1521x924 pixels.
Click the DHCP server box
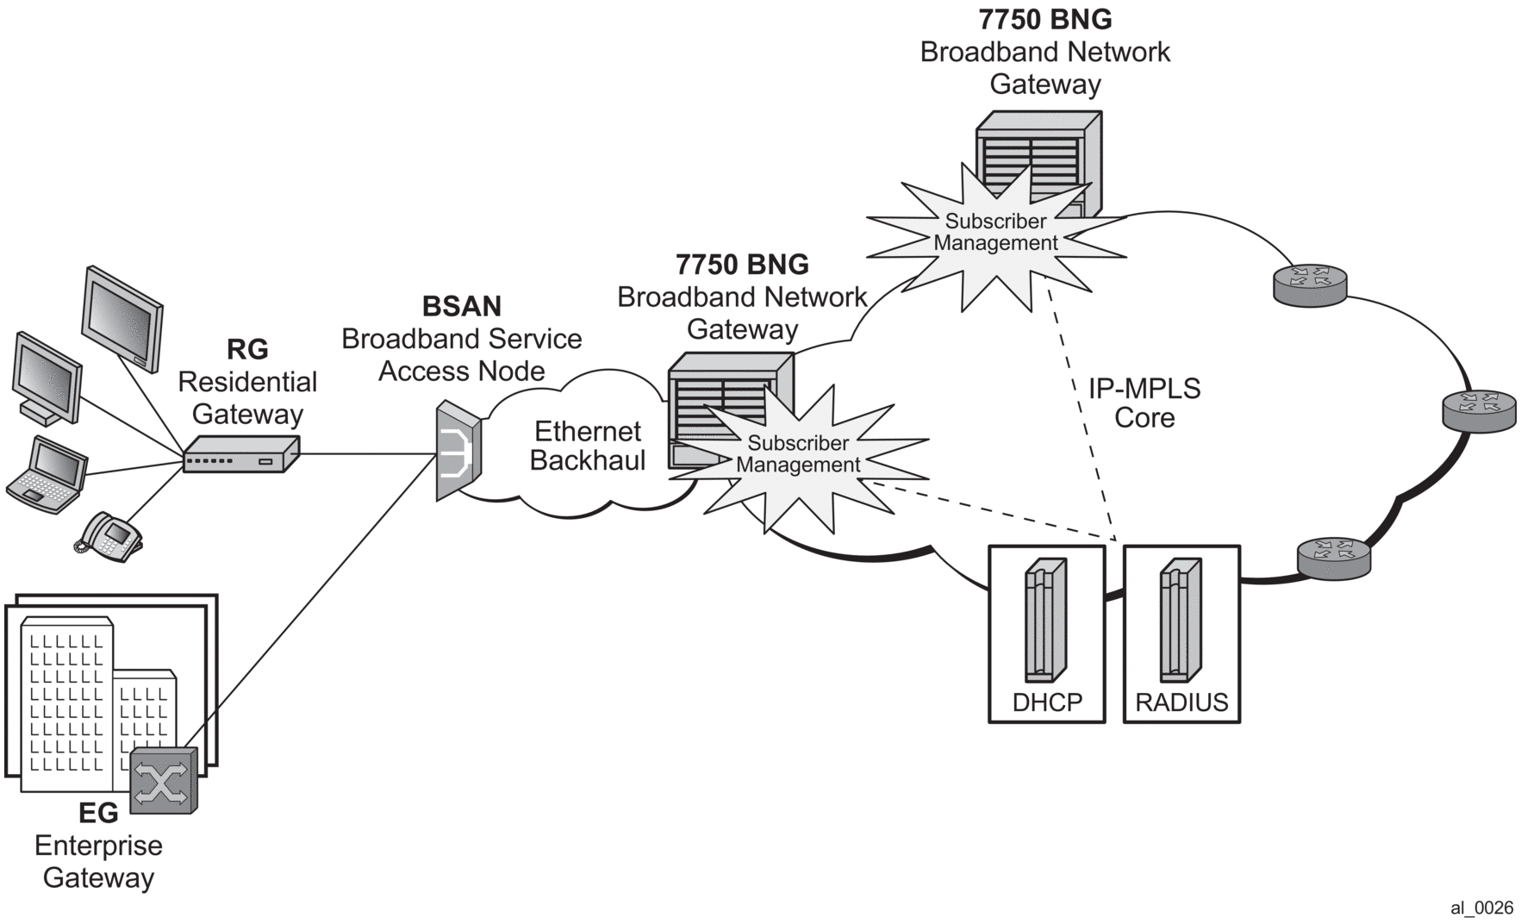[x=1046, y=634]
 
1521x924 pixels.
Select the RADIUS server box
[x=1181, y=634]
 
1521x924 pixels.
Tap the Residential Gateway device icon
[x=240, y=453]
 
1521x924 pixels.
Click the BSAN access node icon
[x=458, y=450]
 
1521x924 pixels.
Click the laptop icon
[x=47, y=474]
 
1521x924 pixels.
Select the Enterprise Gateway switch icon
[x=164, y=780]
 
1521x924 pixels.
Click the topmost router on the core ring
[x=1310, y=284]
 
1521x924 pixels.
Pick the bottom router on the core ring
[x=1333, y=558]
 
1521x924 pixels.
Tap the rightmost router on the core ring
[x=1479, y=410]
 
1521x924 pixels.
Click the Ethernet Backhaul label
[x=588, y=446]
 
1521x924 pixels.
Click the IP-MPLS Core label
[x=1144, y=403]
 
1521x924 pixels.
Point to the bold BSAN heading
[x=462, y=306]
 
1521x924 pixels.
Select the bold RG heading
[x=247, y=349]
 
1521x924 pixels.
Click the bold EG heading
[x=98, y=813]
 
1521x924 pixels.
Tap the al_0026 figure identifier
[x=1481, y=908]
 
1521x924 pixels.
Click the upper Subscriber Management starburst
[x=995, y=233]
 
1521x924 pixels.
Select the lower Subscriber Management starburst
[x=798, y=454]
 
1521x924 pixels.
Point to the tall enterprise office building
[x=67, y=702]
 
